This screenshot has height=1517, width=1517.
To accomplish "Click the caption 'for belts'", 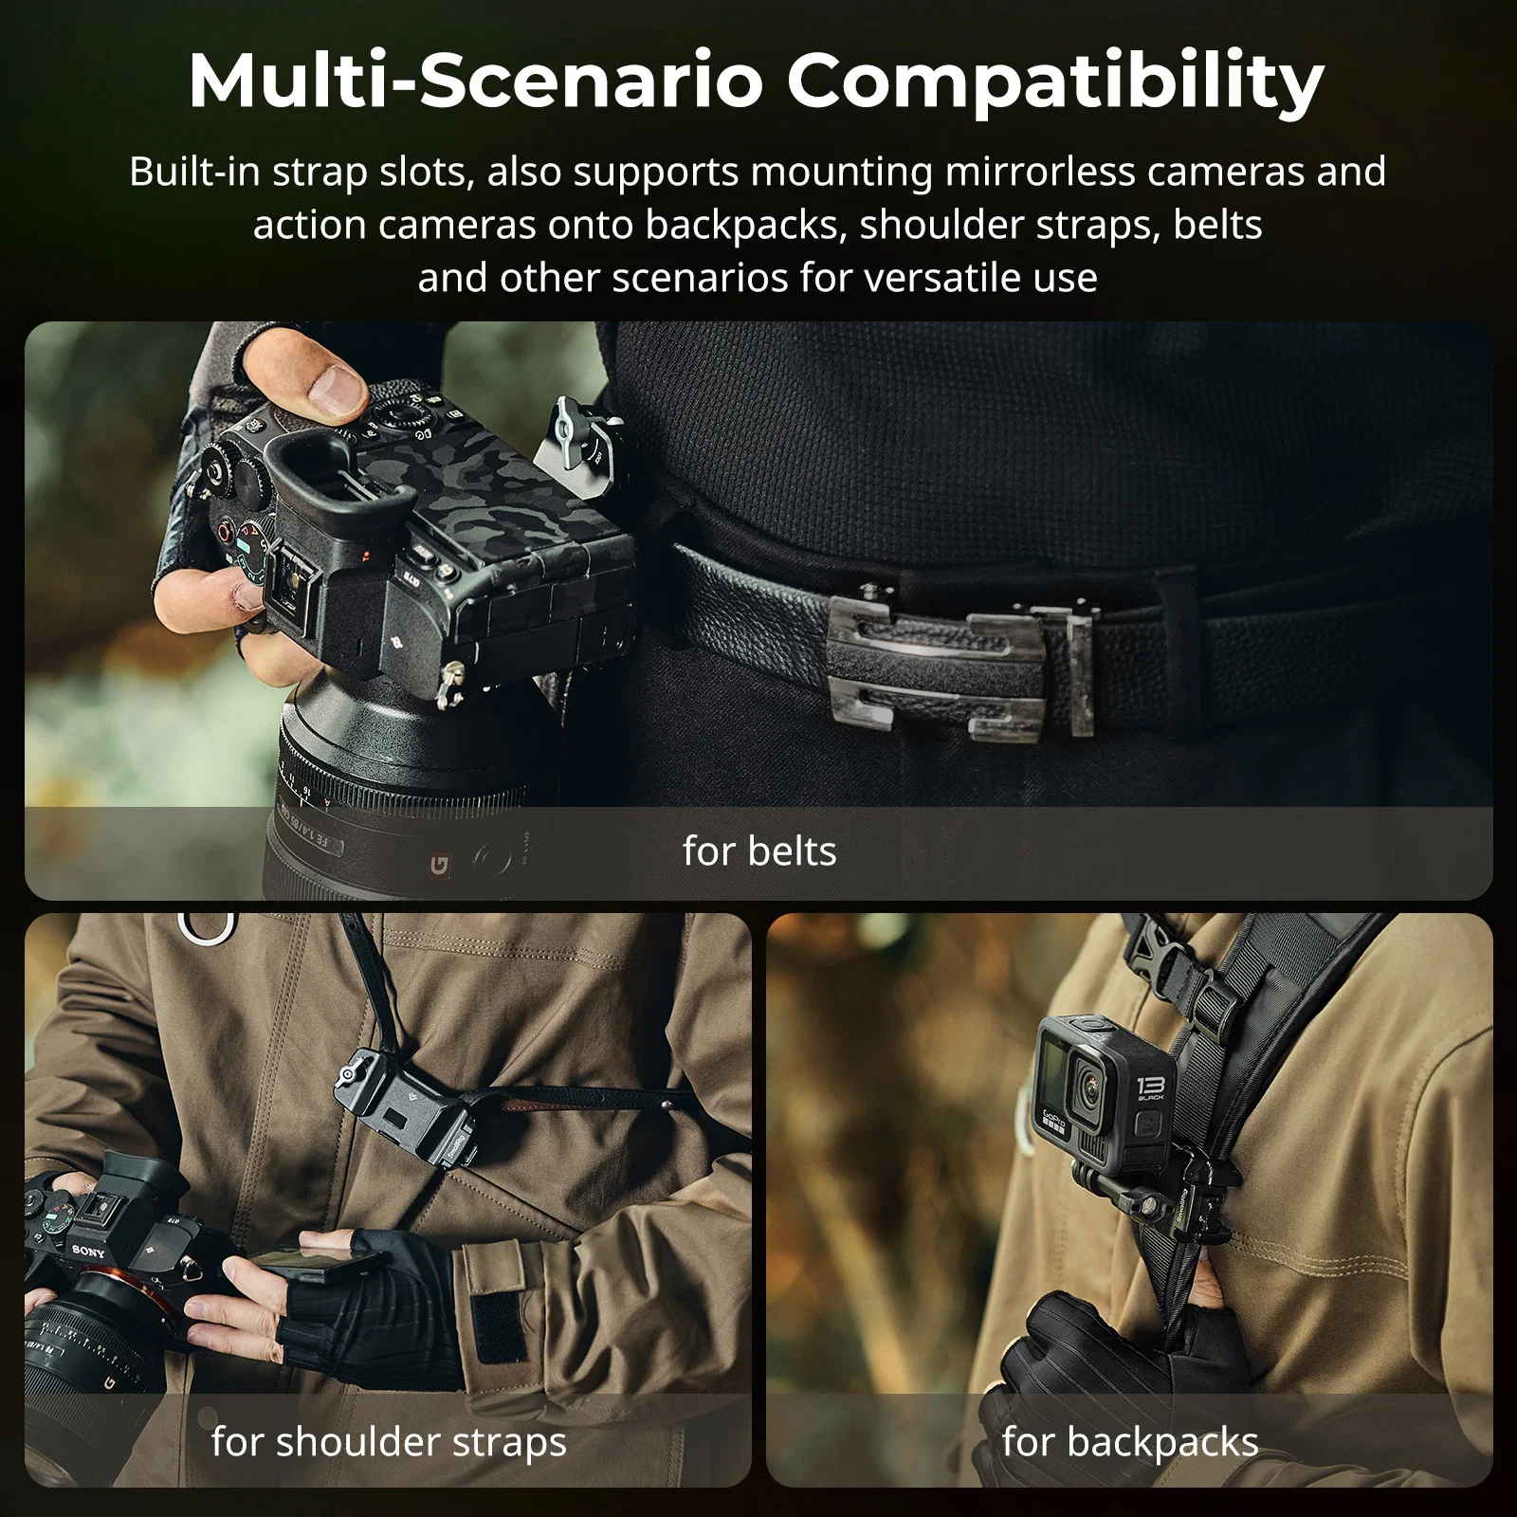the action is point(759,850).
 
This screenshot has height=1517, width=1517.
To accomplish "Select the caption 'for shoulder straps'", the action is point(389,1442).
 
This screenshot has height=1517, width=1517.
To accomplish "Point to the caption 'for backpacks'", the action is point(1130,1442).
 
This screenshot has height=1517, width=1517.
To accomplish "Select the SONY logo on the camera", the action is point(87,1250).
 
